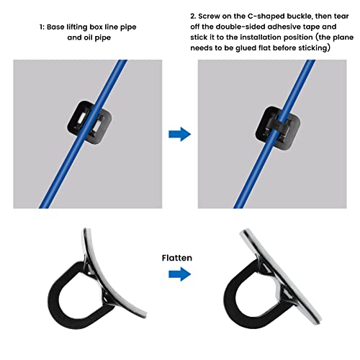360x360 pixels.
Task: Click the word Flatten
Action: [177, 258]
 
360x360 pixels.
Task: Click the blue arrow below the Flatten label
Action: [180, 274]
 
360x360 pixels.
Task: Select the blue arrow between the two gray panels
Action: [180, 134]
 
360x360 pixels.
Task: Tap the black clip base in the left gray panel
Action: [89, 122]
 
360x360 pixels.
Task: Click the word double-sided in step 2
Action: [240, 27]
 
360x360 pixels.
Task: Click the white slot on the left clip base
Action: [81, 119]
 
